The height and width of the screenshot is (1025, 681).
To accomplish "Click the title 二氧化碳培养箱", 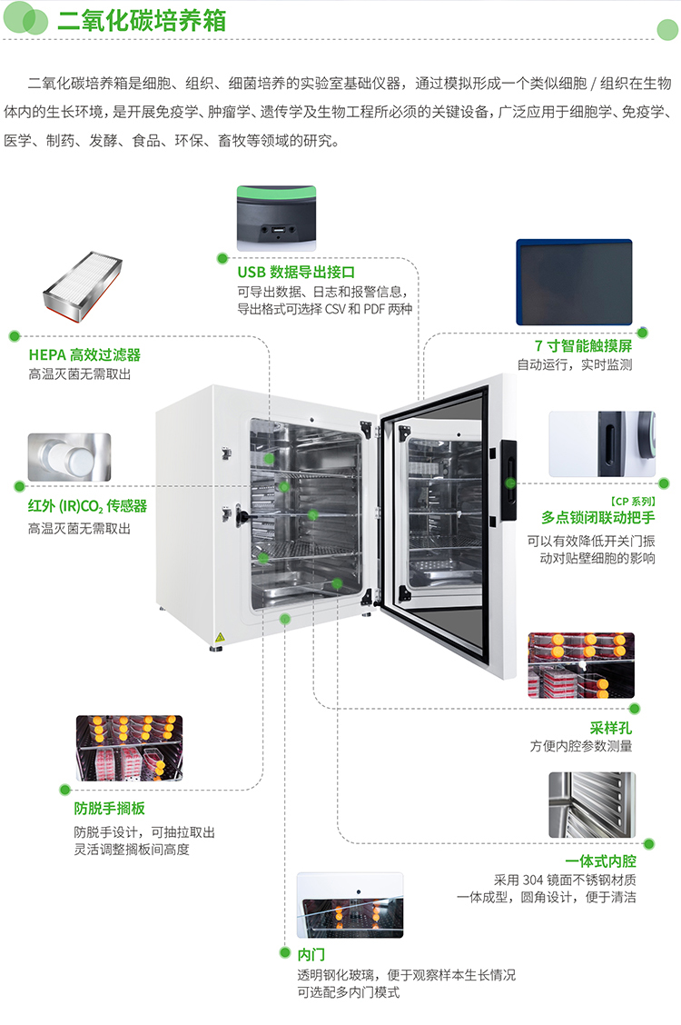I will pyautogui.click(x=142, y=23).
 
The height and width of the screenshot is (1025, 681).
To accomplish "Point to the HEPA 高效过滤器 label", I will pyautogui.click(x=84, y=354).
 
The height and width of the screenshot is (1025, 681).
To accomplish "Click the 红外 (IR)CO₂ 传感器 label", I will pyautogui.click(x=87, y=506).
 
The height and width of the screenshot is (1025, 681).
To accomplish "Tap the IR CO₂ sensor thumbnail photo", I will pyautogui.click(x=69, y=456).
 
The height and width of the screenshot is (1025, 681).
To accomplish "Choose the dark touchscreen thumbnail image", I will pyautogui.click(x=574, y=282).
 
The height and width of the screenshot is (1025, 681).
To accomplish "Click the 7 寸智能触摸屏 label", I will pyautogui.click(x=583, y=346).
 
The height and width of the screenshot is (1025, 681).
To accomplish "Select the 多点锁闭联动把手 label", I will pyautogui.click(x=597, y=517).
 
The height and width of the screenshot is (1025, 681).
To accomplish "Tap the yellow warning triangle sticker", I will pyautogui.click(x=218, y=634).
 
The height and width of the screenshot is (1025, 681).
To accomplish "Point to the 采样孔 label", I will pyautogui.click(x=610, y=727).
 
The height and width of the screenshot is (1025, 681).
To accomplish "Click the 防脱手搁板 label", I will pyautogui.click(x=109, y=808).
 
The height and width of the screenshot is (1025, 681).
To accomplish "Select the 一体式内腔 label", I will pyautogui.click(x=600, y=861).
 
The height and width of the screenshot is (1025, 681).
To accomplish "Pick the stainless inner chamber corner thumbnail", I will pyautogui.click(x=591, y=805).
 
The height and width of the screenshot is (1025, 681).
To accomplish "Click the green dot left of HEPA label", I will pyautogui.click(x=14, y=335).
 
